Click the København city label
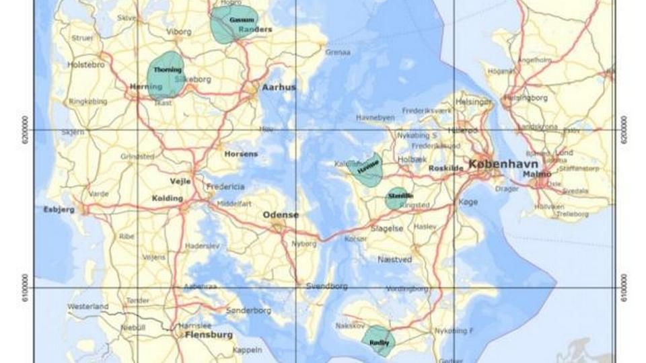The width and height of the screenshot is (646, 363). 499,164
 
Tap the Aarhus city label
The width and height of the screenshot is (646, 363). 279,87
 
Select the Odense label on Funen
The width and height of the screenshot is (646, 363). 281,215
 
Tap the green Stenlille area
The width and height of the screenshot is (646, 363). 398,197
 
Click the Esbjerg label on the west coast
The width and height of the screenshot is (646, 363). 59,209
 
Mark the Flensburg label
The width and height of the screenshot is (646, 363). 209,335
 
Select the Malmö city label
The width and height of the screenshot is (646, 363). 536,175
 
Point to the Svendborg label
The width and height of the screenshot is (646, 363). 327,286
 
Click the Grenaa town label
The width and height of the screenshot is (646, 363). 338,52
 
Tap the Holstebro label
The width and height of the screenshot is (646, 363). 86,65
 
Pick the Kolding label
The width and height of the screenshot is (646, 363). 167,198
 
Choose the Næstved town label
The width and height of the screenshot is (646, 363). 394,259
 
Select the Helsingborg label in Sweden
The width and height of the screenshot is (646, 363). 526,97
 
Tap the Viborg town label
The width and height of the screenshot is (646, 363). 179,32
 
